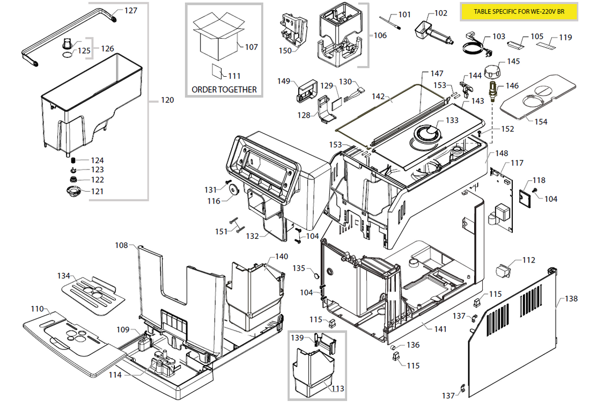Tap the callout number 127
[131, 10]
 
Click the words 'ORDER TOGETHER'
[224, 90]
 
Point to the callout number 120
[167, 100]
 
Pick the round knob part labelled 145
[492, 71]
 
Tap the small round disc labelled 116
[233, 191]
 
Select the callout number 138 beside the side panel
[571, 298]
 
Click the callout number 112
[529, 260]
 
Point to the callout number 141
[440, 329]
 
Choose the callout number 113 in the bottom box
[337, 389]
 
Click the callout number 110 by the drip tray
[37, 309]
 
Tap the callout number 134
[64, 276]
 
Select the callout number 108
[122, 245]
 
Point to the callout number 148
[501, 154]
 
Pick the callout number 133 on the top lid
[452, 120]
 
